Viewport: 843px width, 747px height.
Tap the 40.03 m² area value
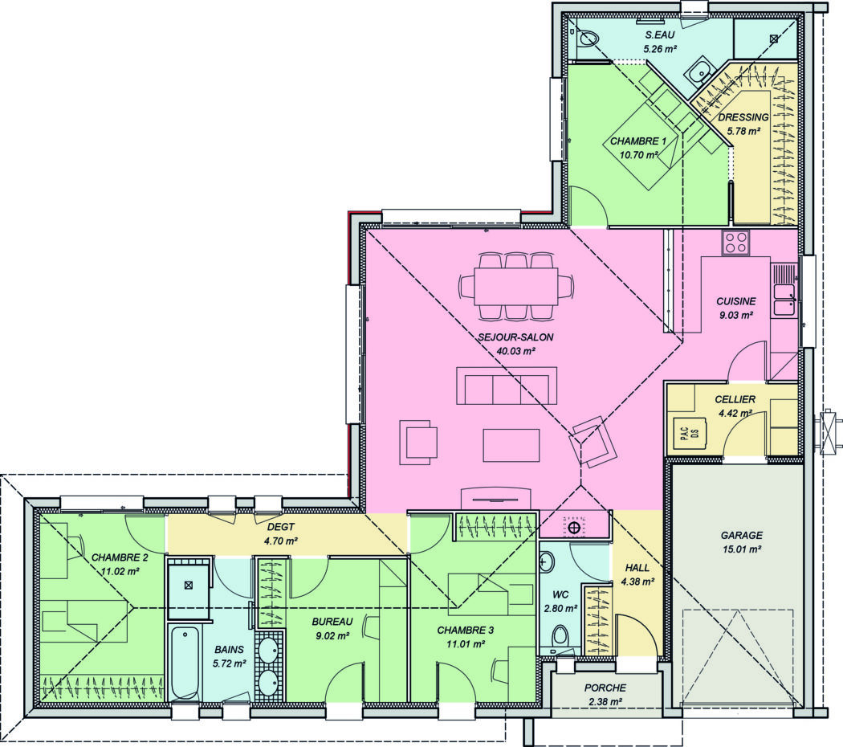pyautogui.click(x=515, y=351)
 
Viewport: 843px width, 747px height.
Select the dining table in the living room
pyautogui.click(x=515, y=286)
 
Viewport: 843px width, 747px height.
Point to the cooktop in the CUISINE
pyautogui.click(x=735, y=242)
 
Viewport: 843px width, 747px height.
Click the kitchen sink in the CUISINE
pyautogui.click(x=784, y=298)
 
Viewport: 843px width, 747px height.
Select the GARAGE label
pyautogui.click(x=741, y=535)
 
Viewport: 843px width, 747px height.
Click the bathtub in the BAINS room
pyautogui.click(x=185, y=662)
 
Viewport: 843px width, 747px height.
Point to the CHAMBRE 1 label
pyautogui.click(x=638, y=141)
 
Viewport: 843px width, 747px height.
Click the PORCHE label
pyautogui.click(x=605, y=688)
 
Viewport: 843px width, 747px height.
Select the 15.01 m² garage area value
pyautogui.click(x=741, y=549)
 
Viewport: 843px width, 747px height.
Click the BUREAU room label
pyautogui.click(x=331, y=622)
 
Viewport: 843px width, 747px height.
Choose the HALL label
pyautogui.click(x=636, y=568)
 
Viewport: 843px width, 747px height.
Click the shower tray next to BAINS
pyautogui.click(x=189, y=586)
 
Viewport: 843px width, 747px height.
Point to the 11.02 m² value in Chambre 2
pyautogui.click(x=120, y=571)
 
